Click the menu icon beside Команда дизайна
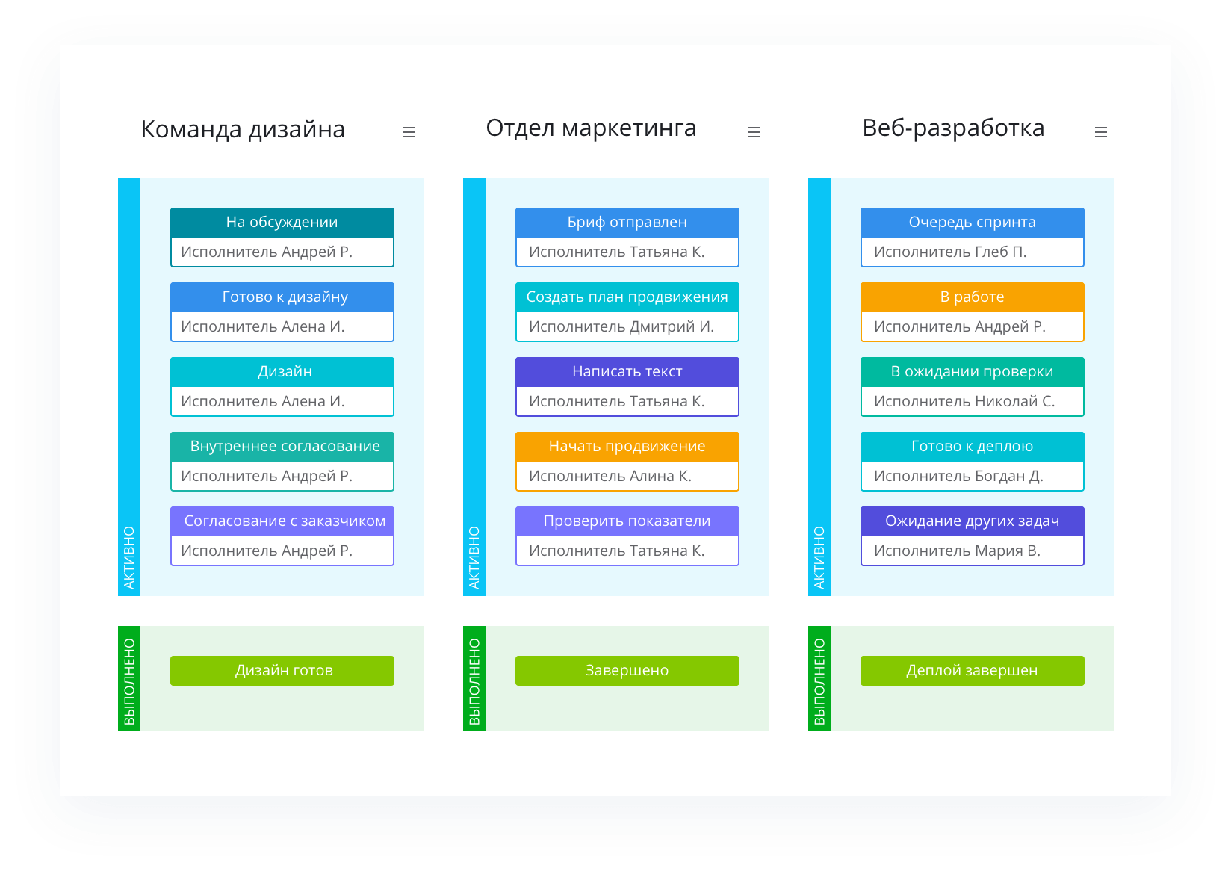pos(409,132)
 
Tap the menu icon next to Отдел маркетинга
pos(754,132)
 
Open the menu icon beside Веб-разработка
pos(1100,132)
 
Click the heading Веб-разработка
pos(953,128)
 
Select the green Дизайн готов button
pos(282,670)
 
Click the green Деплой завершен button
pos(972,670)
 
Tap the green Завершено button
pos(627,670)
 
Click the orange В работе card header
pos(972,297)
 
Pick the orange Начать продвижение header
pos(627,447)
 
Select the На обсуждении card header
pos(282,223)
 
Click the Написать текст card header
pos(627,372)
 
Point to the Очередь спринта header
pos(972,223)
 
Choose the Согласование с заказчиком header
pos(282,521)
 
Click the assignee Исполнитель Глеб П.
pos(949,252)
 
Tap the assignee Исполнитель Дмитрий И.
pos(621,327)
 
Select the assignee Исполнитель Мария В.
pos(957,551)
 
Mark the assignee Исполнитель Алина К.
pos(610,477)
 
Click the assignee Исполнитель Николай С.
pos(964,402)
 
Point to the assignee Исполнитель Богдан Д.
pos(958,477)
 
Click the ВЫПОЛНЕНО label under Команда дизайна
pos(129,681)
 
